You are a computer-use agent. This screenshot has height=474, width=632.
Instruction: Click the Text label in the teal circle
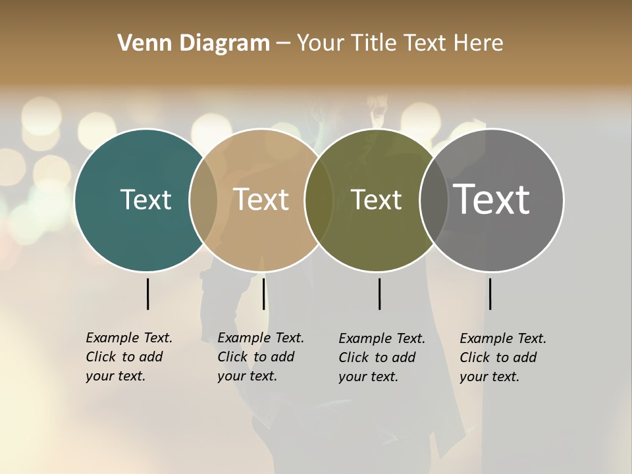pos(145,199)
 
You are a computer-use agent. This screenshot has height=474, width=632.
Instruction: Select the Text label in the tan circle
pos(261,199)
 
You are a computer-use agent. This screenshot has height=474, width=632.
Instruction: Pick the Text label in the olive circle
pos(376,199)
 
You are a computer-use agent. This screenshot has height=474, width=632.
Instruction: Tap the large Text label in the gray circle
pos(491,199)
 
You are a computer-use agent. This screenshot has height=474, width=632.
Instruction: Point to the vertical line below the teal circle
pos(147,294)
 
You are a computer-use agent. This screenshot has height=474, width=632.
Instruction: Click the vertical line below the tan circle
pos(263,294)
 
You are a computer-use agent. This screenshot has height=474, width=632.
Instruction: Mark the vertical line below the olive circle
pos(379,294)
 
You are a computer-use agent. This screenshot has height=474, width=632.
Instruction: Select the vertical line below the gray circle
pos(490,294)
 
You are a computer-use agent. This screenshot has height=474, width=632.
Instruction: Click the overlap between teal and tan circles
pos(203,199)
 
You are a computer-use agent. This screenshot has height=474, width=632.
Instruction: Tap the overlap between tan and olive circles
pos(319,199)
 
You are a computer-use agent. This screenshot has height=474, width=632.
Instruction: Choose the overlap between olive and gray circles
pos(433,199)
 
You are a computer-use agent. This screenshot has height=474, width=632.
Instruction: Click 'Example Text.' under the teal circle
pos(129,338)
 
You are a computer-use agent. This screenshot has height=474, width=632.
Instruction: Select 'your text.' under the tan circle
pos(247,376)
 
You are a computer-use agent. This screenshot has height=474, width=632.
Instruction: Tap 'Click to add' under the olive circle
pos(377,357)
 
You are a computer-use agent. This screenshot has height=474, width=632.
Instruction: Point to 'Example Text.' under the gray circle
pos(503,338)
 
